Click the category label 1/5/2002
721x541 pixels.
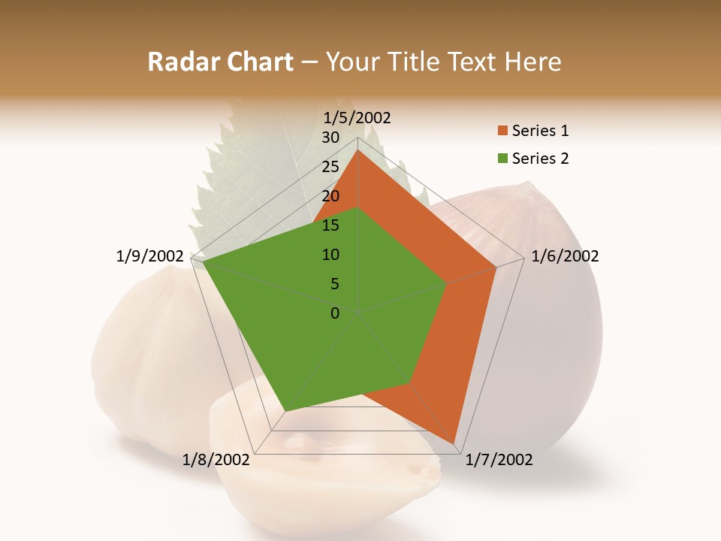point(357,118)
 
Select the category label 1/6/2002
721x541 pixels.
point(565,256)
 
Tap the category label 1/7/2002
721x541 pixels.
point(499,460)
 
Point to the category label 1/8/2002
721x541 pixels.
point(216,460)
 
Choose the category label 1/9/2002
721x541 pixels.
point(150,256)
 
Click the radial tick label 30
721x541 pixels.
point(330,138)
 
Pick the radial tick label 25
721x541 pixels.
point(330,167)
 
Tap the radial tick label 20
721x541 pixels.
point(330,196)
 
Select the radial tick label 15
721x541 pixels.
point(330,225)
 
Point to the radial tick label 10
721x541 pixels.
point(330,255)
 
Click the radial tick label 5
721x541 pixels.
point(334,284)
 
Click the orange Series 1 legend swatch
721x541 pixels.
point(502,131)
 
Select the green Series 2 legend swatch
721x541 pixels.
point(502,159)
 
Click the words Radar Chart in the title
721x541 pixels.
point(220,62)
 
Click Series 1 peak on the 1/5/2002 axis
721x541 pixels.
point(358,150)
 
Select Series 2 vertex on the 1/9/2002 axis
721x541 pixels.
point(203,262)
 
